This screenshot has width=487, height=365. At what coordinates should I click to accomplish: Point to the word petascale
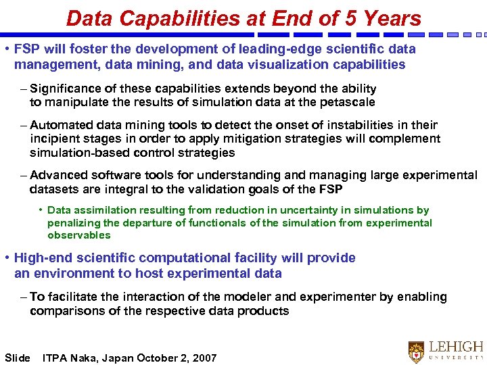click(344, 102)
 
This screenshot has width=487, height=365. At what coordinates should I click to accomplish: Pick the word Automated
click(64, 125)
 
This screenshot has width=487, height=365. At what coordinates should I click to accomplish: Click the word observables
click(78, 235)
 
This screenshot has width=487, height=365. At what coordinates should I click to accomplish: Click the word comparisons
click(63, 311)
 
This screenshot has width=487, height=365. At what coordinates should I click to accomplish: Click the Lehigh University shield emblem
click(417, 351)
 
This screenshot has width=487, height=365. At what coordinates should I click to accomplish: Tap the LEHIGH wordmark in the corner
click(457, 346)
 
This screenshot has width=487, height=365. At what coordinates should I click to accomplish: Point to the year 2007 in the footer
click(204, 358)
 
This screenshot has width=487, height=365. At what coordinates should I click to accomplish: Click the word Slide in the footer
click(18, 358)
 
